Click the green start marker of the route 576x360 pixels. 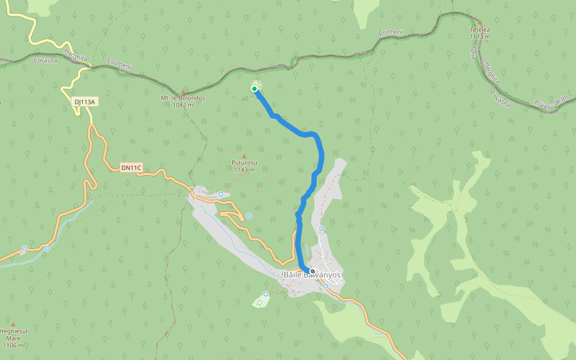pyautogui.click(x=254, y=89)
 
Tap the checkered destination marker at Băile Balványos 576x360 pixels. pyautogui.click(x=313, y=271)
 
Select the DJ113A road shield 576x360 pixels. pyautogui.click(x=85, y=102)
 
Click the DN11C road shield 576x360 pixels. pyautogui.click(x=130, y=167)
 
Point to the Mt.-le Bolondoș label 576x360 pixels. pyautogui.click(x=183, y=98)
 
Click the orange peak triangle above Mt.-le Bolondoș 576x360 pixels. pyautogui.click(x=183, y=92)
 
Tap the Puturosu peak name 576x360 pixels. pyautogui.click(x=244, y=163)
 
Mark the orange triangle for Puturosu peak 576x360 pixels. pyautogui.click(x=244, y=157)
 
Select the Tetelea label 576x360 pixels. pyautogui.click(x=480, y=29)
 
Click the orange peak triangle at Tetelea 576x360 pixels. pyautogui.click(x=480, y=23)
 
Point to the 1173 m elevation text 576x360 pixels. pyautogui.click(x=480, y=37)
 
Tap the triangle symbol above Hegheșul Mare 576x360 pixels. pyautogui.click(x=13, y=324)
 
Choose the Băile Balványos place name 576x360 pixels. pyautogui.click(x=312, y=275)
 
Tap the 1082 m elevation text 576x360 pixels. pyautogui.click(x=183, y=105)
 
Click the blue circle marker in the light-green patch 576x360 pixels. pyautogui.click(x=266, y=294)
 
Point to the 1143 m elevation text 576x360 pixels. pyautogui.click(x=244, y=170)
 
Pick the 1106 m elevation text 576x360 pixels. pyautogui.click(x=13, y=346)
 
